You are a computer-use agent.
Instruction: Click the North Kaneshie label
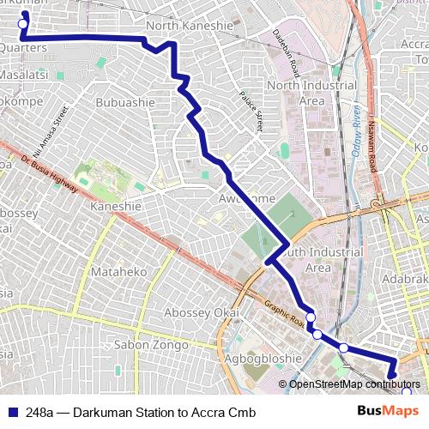(190, 26)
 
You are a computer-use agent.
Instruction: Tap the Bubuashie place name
(125, 102)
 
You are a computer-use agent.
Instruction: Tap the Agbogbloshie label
(264, 360)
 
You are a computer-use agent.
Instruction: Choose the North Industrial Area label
(311, 93)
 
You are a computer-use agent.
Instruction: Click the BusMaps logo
(394, 411)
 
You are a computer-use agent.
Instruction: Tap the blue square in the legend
(14, 413)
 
